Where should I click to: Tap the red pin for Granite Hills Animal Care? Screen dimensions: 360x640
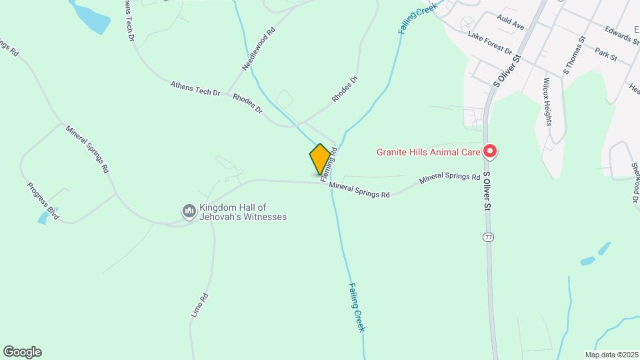(490, 152)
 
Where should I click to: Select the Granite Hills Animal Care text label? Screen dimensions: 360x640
(428, 152)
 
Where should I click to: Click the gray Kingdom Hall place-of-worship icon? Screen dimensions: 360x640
(189, 211)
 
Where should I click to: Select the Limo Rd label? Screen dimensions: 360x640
(200, 305)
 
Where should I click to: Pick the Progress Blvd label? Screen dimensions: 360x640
(43, 201)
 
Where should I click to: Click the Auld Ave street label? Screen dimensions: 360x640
(511, 25)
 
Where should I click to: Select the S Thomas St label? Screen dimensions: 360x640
(574, 55)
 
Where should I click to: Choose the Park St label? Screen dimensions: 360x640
(607, 53)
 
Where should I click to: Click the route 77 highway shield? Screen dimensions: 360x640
(489, 237)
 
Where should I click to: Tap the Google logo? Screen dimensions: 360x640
(22, 352)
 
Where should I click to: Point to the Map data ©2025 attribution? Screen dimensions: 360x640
(610, 354)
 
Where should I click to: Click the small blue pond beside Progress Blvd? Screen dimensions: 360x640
(43, 218)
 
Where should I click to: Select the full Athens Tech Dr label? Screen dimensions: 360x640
(195, 89)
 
